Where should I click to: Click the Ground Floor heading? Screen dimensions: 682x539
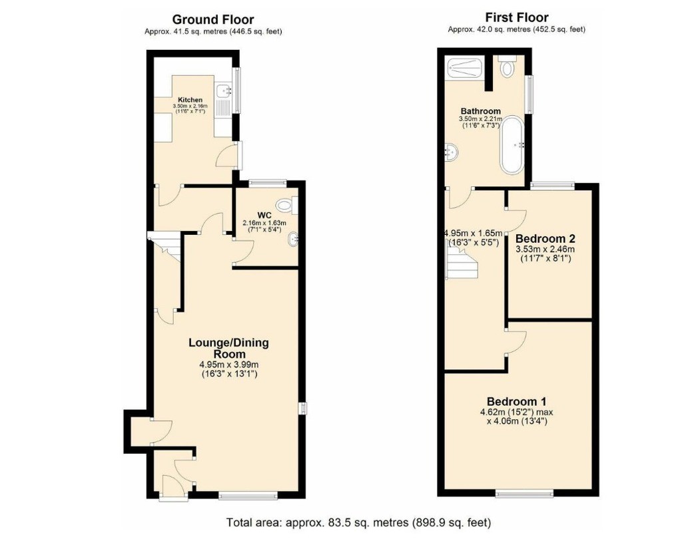212,19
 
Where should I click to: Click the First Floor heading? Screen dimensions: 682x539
517,17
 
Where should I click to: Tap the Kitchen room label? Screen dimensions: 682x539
190,100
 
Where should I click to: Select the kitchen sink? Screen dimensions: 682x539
225,90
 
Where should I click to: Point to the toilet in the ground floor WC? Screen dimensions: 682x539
287,205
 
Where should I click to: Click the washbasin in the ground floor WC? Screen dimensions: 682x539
294,239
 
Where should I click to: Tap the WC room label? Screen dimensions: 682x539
264,216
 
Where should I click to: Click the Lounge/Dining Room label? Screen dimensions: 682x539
229,348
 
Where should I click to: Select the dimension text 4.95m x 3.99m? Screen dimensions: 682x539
229,364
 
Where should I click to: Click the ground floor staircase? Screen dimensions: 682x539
164,246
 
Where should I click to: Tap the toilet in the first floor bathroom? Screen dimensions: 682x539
507,66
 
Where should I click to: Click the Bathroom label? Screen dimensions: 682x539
481,111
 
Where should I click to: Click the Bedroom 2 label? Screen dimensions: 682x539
545,239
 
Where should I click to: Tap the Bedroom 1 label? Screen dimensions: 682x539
517,401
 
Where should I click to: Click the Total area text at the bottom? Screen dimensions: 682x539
358,522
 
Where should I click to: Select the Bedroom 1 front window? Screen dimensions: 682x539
525,493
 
